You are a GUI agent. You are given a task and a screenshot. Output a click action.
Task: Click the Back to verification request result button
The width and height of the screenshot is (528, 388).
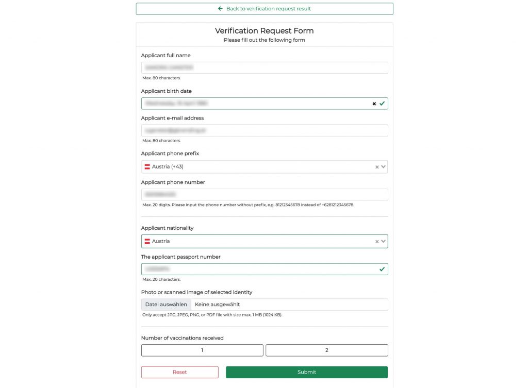coord(264,9)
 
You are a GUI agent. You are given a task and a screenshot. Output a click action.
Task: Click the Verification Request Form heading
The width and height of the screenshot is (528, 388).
coord(264,31)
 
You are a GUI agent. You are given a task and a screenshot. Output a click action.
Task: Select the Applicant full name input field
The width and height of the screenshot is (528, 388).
coord(264,68)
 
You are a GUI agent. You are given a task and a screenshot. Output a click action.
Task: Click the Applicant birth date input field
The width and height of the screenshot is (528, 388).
coord(255,104)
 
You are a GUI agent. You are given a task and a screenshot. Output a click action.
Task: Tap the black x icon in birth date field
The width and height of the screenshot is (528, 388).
coord(374,104)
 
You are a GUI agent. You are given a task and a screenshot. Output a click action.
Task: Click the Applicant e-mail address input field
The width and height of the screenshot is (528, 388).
coord(264,130)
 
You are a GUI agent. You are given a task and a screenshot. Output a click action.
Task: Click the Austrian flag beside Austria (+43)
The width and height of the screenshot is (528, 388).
coord(147,167)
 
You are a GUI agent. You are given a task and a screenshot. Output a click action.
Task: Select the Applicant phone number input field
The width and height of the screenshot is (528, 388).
coord(264,195)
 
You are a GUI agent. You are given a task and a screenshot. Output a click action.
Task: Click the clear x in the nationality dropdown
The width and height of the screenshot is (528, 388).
coord(377,241)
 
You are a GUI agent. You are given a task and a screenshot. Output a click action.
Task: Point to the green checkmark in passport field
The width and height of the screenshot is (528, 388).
coord(382,269)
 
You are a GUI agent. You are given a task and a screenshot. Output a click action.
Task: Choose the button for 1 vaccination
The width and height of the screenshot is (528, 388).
coord(202,350)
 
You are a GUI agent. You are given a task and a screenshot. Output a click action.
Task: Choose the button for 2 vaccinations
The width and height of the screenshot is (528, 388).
coord(327,350)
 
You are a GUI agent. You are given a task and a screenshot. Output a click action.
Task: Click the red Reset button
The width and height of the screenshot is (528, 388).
coord(180,372)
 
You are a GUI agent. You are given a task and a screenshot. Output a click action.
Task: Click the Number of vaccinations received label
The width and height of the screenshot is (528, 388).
coord(183,338)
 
